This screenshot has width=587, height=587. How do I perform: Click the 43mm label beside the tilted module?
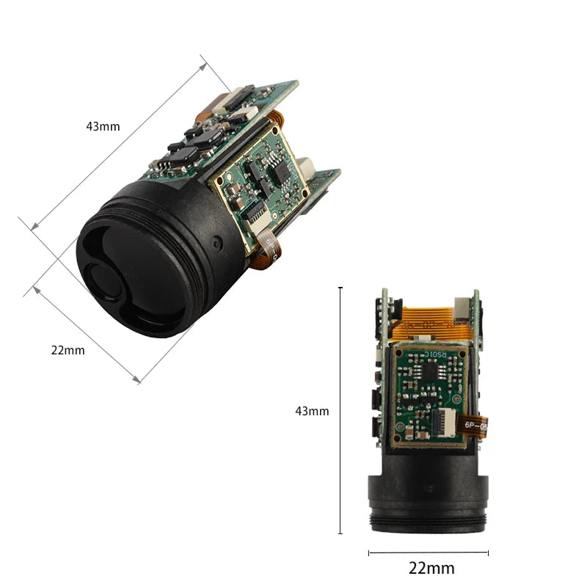click(x=103, y=126)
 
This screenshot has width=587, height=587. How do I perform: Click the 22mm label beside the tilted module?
click(x=68, y=350)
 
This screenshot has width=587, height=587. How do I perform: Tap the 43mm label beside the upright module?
click(x=312, y=411)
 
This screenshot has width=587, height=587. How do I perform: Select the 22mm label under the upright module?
click(x=431, y=568)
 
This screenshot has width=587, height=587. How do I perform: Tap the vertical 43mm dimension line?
click(x=340, y=411)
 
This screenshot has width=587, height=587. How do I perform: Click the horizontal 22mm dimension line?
click(x=428, y=553)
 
